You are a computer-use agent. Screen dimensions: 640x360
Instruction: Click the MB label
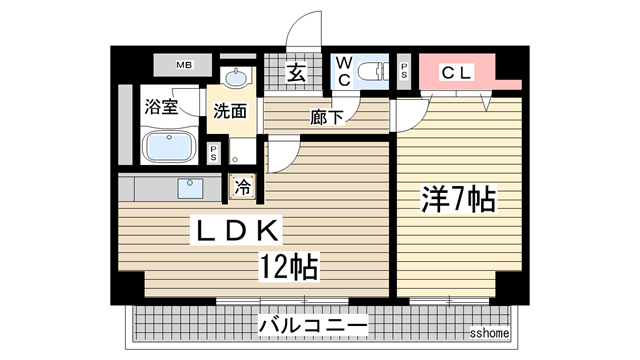[183, 66]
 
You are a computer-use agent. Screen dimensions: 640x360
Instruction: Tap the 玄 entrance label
[298, 72]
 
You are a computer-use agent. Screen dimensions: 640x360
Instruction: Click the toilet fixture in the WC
[372, 69]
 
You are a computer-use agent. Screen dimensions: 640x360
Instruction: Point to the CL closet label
[457, 72]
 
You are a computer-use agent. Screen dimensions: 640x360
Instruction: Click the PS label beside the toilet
[404, 71]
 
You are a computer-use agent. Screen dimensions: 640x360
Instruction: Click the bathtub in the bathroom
[172, 146]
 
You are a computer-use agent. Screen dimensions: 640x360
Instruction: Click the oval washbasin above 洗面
[238, 79]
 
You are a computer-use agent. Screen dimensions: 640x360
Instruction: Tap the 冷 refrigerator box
[243, 185]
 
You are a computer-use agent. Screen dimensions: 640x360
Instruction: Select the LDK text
[239, 230]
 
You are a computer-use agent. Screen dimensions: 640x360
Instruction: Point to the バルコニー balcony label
[313, 325]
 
